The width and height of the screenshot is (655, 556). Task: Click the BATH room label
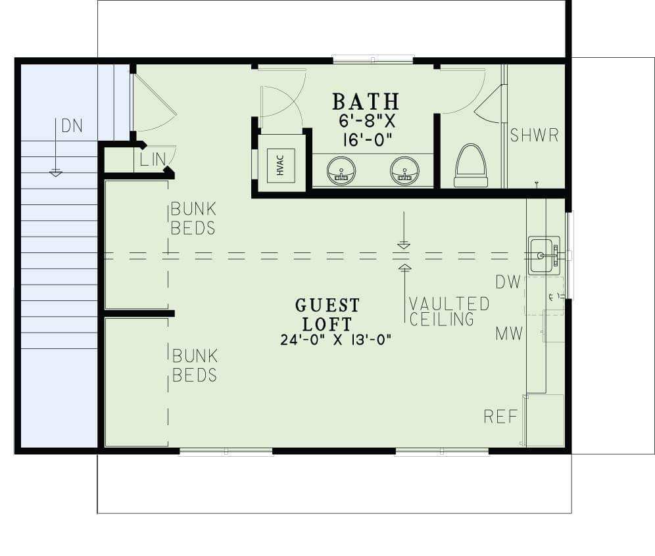coord(366,102)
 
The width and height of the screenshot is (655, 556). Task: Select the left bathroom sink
coord(341,171)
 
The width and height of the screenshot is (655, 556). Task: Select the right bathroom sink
coord(404,171)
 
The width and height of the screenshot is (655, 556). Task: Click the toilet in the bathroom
coord(471,167)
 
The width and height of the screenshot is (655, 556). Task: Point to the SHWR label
coord(534,136)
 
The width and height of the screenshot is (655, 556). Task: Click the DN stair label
coord(72,126)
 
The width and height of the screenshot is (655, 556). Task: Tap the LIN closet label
coord(149,159)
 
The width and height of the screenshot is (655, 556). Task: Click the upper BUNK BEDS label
coord(193,219)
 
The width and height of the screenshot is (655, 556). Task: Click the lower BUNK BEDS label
coord(195,365)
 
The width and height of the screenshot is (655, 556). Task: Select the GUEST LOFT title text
coord(327,314)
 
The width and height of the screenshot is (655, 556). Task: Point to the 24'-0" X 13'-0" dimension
coord(335,340)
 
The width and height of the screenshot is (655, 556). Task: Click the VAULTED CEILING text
coord(449,312)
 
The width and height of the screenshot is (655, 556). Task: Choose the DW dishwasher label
coord(509,283)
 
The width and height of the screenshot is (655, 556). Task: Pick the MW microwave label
coord(509,334)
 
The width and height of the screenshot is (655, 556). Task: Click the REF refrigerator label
coord(500,416)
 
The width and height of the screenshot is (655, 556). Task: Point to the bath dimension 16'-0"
coord(366,141)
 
